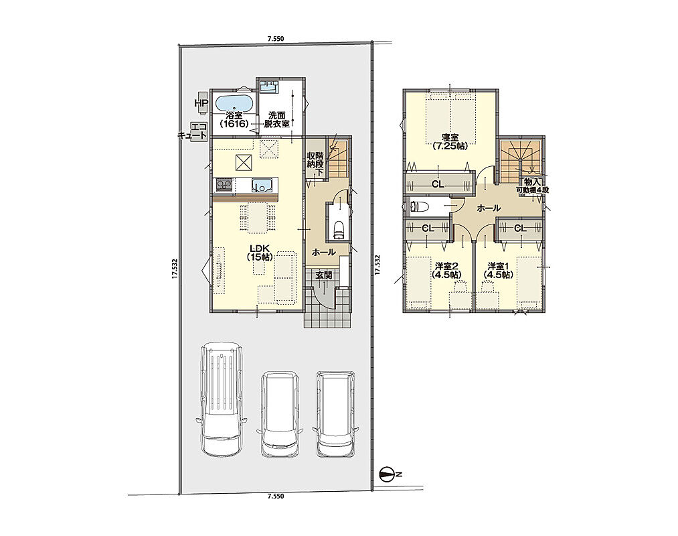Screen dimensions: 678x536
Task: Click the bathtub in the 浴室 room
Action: pyautogui.click(x=233, y=104)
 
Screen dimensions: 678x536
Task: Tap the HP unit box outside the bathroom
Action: pyautogui.click(x=201, y=103)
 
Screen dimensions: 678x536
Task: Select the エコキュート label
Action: pyautogui.click(x=193, y=131)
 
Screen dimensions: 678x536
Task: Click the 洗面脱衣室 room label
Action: pyautogui.click(x=278, y=119)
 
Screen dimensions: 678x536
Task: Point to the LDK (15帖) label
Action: pyautogui.click(x=259, y=253)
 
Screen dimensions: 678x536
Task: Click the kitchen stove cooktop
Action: pyautogui.click(x=224, y=185)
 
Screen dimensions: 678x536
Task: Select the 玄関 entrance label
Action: pyautogui.click(x=324, y=275)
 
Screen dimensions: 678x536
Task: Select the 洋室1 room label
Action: pyautogui.click(x=498, y=270)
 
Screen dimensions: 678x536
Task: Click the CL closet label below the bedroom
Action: pyautogui.click(x=438, y=184)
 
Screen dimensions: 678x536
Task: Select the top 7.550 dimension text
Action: pyautogui.click(x=276, y=39)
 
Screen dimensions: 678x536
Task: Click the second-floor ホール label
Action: pyautogui.click(x=489, y=208)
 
